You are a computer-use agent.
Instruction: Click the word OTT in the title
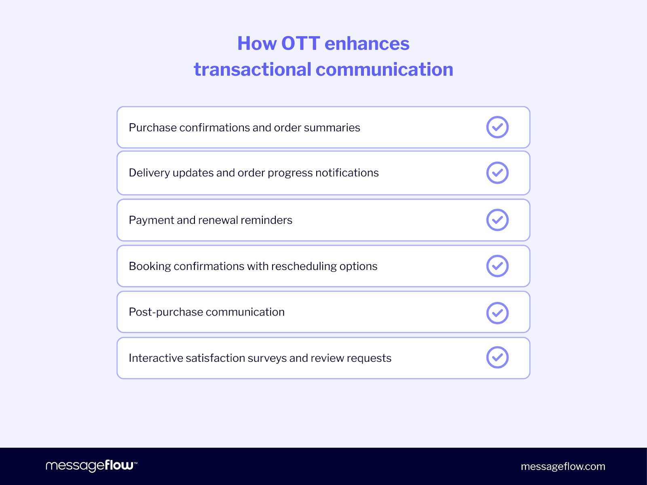[300, 44]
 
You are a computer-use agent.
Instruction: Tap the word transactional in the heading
[252, 70]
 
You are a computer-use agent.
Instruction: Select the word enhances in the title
[367, 44]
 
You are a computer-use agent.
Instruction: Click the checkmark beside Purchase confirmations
[497, 127]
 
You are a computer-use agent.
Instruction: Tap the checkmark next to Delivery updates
[497, 173]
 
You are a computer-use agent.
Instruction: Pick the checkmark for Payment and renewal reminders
[497, 220]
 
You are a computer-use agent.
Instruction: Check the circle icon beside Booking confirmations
[497, 266]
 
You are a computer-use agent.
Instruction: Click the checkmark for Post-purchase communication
[497, 313]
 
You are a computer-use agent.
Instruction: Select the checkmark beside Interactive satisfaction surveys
[497, 357]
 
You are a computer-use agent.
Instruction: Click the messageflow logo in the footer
[91, 466]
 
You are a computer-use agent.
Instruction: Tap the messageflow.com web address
[563, 466]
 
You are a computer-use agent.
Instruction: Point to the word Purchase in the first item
[152, 128]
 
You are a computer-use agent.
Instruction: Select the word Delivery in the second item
[149, 173]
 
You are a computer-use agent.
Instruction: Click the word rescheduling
[304, 266]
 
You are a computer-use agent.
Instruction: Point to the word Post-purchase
[166, 312]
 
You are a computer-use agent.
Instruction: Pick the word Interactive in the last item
[155, 358]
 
